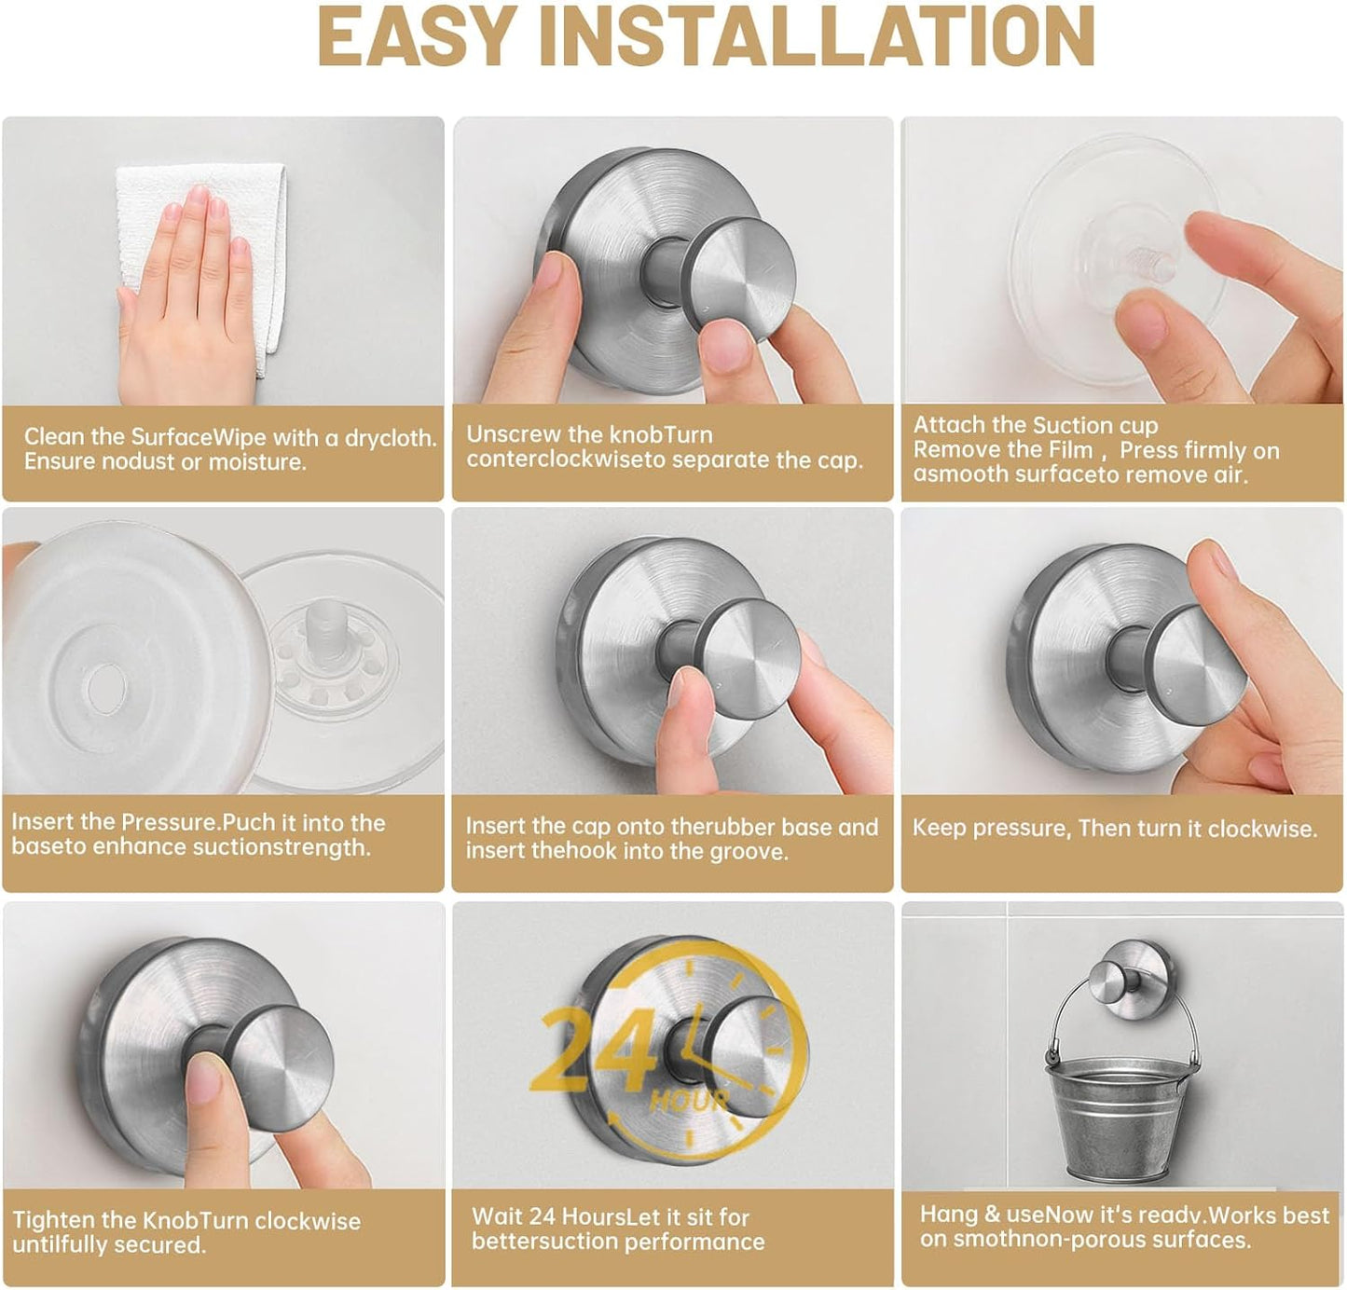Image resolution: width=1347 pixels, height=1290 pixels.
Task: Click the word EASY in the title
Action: click(417, 36)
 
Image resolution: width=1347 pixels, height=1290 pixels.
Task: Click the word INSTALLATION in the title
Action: click(817, 36)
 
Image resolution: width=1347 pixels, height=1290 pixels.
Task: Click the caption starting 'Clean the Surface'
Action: click(229, 449)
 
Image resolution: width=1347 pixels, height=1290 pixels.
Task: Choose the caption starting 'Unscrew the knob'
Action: click(664, 447)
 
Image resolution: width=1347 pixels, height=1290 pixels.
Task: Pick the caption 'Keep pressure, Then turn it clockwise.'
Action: click(1114, 828)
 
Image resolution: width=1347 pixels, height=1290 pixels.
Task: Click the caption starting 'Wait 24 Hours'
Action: click(617, 1228)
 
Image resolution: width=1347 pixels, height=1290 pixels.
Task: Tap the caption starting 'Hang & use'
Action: click(1123, 1227)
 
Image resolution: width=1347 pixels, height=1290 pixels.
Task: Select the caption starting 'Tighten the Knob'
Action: click(186, 1232)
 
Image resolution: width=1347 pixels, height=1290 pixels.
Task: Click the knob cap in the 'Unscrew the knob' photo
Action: click(737, 280)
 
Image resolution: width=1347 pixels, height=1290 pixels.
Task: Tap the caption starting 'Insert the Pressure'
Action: click(198, 834)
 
